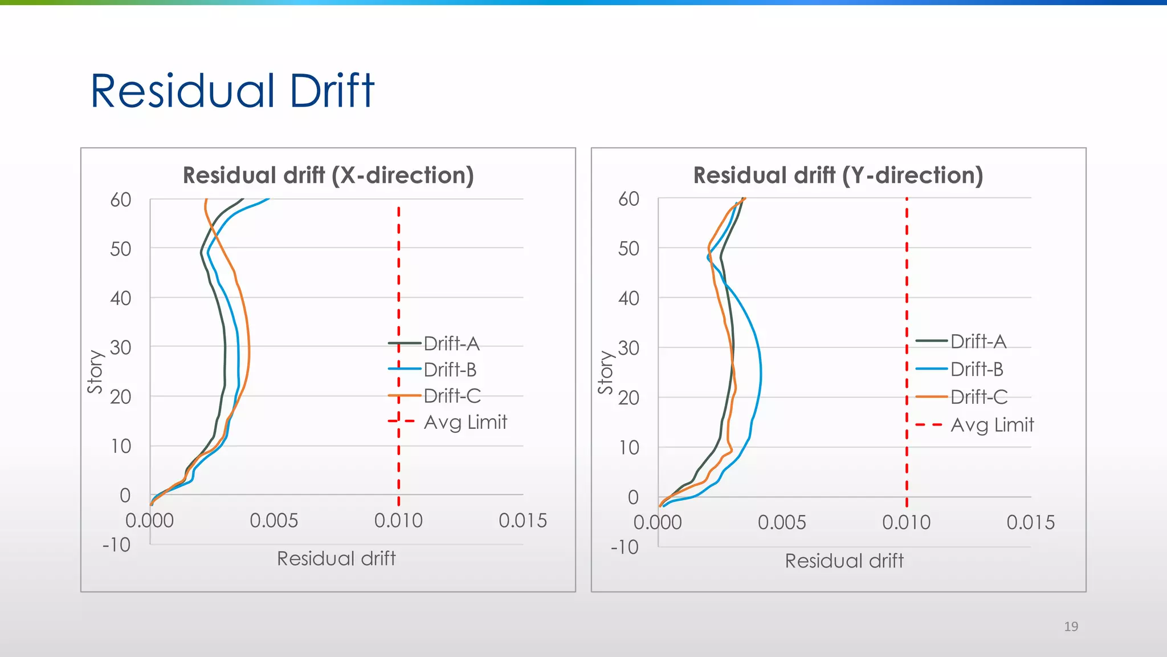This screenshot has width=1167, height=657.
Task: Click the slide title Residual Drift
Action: pos(232,91)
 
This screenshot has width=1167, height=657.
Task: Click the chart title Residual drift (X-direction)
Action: pos(328,175)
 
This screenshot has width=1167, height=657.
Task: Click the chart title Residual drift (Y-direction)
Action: pos(838,175)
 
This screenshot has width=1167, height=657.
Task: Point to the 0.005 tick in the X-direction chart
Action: pos(274,520)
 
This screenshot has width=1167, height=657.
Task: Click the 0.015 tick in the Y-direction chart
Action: pos(1030,522)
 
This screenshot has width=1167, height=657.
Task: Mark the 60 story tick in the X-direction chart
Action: pos(121,200)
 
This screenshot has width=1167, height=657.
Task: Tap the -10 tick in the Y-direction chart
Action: pos(625,547)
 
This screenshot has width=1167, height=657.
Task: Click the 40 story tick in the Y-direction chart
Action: pos(629,298)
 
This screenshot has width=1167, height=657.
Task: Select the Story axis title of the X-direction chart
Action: pos(95,372)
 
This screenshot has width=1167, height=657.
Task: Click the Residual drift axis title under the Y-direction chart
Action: pos(844,561)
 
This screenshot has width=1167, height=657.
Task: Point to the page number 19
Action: pos(1071,626)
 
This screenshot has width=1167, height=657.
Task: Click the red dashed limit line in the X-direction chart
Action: pos(398,274)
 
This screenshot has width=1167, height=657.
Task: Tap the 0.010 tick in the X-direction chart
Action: pos(398,520)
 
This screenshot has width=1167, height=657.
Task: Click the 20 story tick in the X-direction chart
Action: pos(121,396)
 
